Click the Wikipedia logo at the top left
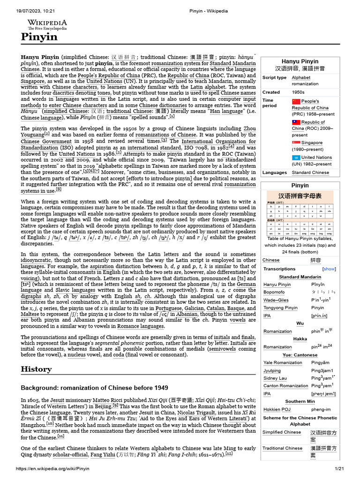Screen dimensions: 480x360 pos(47,25)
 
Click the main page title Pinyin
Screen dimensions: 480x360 pos(39,37)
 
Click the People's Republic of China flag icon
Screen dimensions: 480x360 pos(296,101)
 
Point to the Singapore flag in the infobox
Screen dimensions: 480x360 pos(296,142)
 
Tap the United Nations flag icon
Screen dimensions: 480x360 pos(296,157)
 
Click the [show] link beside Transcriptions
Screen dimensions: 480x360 pos(329,269)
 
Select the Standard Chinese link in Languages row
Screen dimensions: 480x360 pos(310,172)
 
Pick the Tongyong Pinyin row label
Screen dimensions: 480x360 pos(280,308)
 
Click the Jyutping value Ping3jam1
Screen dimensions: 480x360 pos(323,370)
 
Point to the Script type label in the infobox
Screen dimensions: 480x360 pos(275,77)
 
